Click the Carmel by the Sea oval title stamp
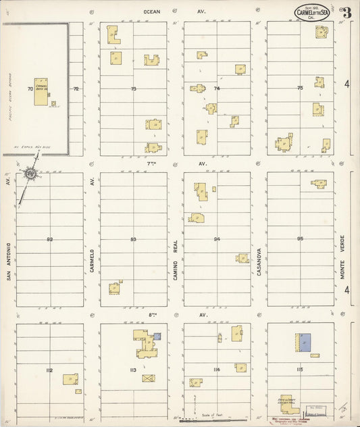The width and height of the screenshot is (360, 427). coord(312,12)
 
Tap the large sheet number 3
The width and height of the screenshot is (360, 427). coord(346,12)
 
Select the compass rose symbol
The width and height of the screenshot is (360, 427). coord(31,175)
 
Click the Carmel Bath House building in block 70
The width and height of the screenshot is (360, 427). coord(43,94)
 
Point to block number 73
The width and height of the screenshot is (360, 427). coord(133,89)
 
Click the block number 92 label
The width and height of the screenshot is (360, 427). coord(49,239)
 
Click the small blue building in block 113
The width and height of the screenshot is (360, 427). coord(157,336)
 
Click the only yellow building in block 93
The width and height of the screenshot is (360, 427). coord(115,288)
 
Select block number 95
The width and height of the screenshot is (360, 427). coord(299,239)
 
